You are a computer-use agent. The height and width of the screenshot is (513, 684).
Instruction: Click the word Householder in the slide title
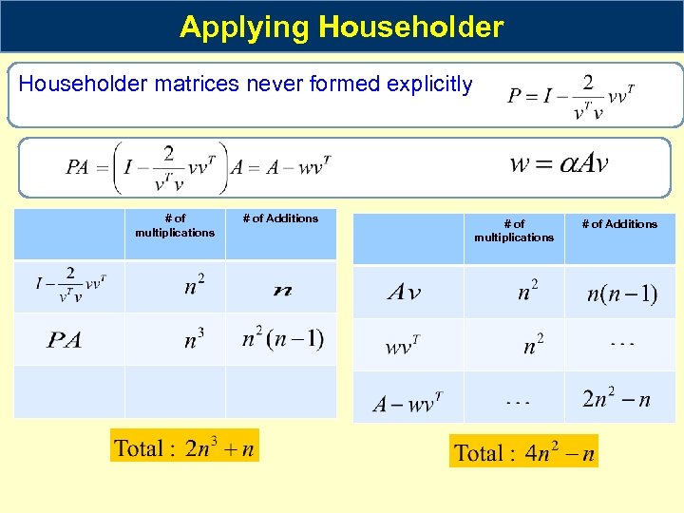point(411,27)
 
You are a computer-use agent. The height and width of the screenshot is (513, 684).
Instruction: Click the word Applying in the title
point(245,27)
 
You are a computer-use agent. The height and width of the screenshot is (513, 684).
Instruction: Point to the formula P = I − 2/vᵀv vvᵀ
point(570,97)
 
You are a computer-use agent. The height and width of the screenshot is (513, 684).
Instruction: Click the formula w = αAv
point(559,162)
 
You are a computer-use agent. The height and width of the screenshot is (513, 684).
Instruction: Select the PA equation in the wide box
point(198,167)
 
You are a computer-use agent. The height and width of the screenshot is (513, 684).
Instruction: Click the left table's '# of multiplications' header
point(175,225)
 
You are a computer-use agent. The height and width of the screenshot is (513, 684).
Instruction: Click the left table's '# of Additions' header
point(280,218)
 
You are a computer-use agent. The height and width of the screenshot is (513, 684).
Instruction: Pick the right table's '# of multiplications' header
point(514,231)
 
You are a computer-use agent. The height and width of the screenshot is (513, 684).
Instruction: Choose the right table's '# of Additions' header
point(618,224)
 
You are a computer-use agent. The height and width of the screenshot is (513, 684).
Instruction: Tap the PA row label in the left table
point(65,340)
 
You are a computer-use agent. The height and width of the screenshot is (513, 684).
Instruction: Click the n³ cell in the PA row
point(194,339)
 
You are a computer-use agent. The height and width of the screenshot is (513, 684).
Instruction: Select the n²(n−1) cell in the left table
point(282,338)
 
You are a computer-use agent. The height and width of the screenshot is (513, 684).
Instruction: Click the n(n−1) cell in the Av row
point(621,293)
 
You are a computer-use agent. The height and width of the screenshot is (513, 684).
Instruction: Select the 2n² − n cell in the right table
point(616,398)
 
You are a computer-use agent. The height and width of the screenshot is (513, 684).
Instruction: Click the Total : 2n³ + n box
point(184,446)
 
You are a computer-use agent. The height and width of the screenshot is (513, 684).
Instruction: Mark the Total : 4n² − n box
point(524,452)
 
